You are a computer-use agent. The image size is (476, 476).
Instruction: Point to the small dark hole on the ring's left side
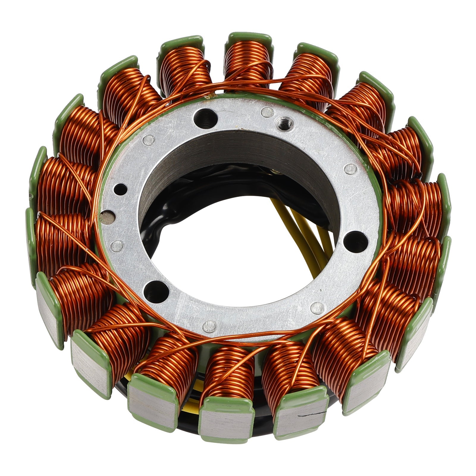pyautogui.click(x=120, y=188)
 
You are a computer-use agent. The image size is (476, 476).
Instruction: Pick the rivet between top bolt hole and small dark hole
pyautogui.click(x=148, y=139)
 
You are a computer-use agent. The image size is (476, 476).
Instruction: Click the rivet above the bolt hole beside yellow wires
pyautogui.click(x=350, y=169)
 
